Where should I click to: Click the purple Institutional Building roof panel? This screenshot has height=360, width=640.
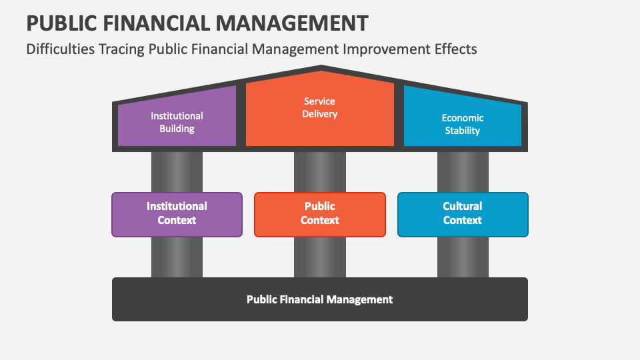pyautogui.click(x=177, y=119)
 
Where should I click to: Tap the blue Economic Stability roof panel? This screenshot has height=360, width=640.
pyautogui.click(x=463, y=119)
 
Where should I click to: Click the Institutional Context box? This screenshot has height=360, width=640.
pyautogui.click(x=177, y=215)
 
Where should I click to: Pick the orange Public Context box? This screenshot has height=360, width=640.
pyautogui.click(x=320, y=215)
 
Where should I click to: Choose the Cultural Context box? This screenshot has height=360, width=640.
pyautogui.click(x=463, y=215)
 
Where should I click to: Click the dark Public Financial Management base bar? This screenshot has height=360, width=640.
pyautogui.click(x=320, y=299)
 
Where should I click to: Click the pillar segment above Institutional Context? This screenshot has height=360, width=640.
pyautogui.click(x=177, y=172)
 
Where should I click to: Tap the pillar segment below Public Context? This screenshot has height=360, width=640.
pyautogui.click(x=320, y=257)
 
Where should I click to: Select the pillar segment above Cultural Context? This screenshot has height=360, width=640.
pyautogui.click(x=463, y=172)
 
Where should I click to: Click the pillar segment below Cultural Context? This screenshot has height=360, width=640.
pyautogui.click(x=463, y=257)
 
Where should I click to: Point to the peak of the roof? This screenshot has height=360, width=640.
pyautogui.click(x=321, y=66)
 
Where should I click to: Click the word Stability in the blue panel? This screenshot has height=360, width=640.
pyautogui.click(x=463, y=131)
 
